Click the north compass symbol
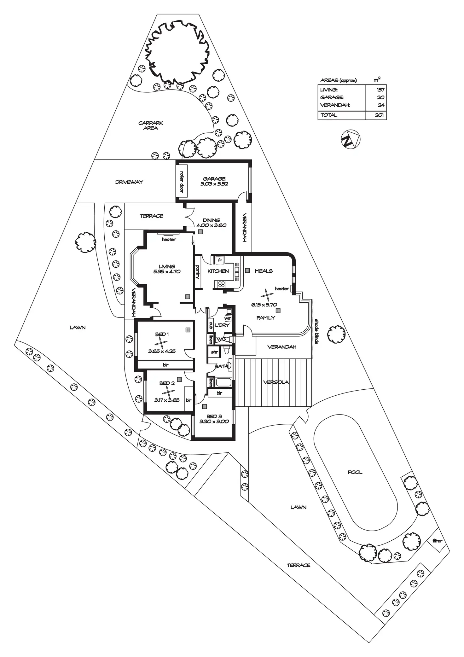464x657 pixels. point(351,139)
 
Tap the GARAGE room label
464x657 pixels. point(214,179)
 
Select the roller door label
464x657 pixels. point(182,182)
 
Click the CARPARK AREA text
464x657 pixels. point(151,125)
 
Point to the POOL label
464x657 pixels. point(355,472)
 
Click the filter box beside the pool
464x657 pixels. point(437,540)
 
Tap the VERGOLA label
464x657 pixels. point(276,382)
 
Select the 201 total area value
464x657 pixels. point(379,115)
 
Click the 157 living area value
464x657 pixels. point(380,90)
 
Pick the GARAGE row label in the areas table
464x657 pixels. point(332,97)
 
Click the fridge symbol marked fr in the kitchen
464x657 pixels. point(220,260)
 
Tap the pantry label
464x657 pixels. point(198,272)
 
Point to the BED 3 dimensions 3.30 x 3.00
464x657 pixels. point(214,421)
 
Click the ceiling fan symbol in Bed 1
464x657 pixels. point(161,342)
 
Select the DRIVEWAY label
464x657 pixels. point(129,182)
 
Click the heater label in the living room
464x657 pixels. point(169,240)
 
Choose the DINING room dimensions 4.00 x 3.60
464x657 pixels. point(211,225)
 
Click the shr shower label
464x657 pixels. point(214,352)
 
